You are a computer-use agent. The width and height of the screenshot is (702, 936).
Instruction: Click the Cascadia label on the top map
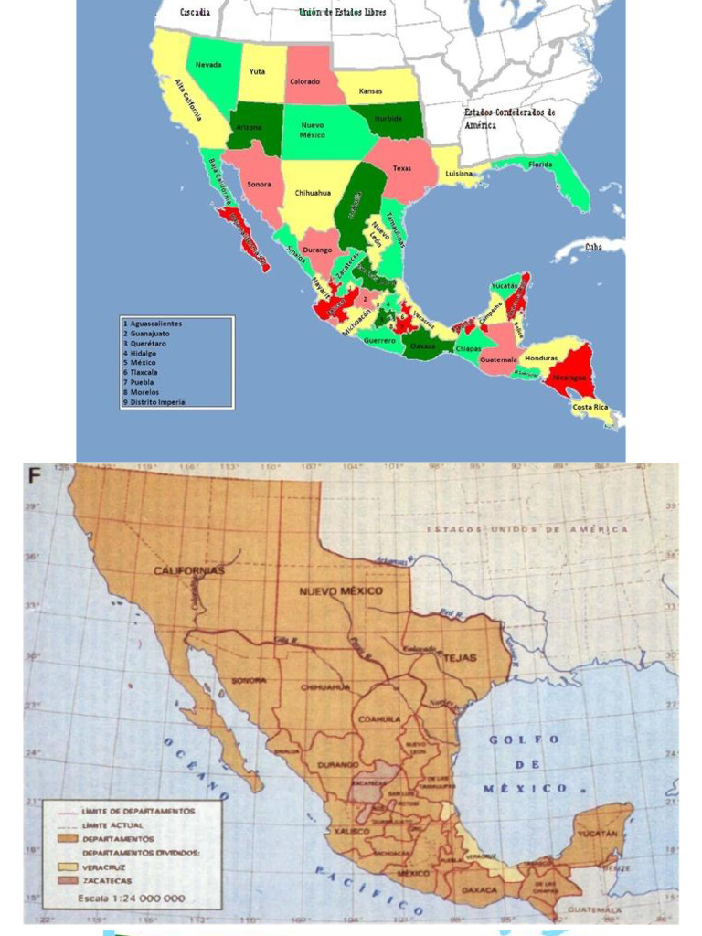pos(195,12)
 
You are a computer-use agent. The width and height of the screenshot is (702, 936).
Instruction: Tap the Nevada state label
pos(207,64)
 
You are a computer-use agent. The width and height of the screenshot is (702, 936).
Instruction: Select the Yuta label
pos(257,71)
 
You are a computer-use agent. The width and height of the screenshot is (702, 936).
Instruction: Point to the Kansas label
pos(370,90)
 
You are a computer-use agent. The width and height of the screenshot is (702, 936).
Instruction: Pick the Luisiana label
pos(458,173)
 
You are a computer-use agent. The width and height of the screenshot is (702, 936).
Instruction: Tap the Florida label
pos(540,165)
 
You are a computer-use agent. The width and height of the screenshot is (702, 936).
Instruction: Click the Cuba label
pos(593,247)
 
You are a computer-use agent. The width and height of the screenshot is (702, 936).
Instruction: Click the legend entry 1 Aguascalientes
pos(152,324)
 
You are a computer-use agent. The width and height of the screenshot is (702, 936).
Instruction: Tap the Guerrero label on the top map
pos(378,341)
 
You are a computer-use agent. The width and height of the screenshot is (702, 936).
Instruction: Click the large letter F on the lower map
pos(36,475)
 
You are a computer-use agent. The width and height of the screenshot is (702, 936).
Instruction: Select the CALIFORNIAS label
pos(188,570)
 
